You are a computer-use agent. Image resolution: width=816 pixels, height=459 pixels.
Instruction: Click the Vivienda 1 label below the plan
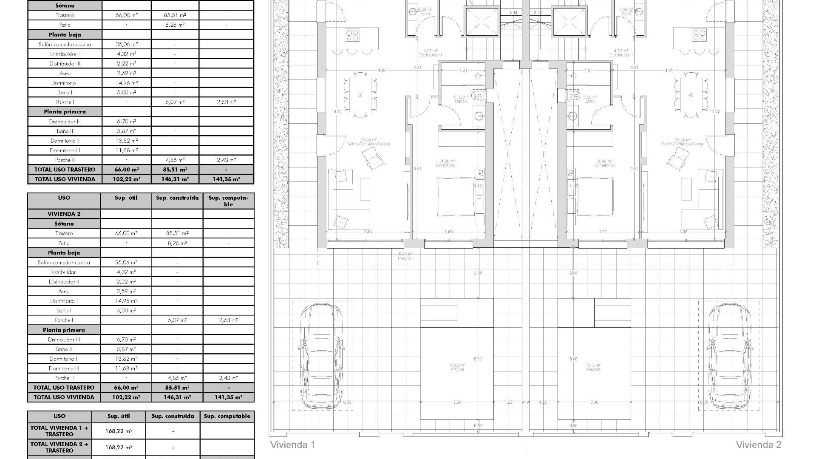click(292, 445)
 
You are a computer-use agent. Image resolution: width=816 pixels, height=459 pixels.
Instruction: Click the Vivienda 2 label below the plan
click(758, 445)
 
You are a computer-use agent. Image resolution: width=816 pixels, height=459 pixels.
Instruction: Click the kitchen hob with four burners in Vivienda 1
click(352, 35)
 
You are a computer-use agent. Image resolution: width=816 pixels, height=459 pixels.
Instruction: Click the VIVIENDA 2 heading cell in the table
click(64, 214)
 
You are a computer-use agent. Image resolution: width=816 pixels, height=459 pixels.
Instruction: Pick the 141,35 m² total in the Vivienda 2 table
click(228, 397)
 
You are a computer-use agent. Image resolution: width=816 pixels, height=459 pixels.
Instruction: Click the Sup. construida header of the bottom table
click(173, 416)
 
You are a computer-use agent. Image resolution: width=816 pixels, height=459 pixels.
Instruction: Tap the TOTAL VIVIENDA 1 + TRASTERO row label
click(59, 431)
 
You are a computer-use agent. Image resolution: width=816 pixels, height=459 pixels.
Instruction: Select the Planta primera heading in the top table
click(65, 112)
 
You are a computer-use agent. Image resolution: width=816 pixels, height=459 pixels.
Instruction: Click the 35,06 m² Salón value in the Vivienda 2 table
click(126, 262)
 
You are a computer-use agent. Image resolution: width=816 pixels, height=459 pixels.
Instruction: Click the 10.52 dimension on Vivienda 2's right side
click(715, 112)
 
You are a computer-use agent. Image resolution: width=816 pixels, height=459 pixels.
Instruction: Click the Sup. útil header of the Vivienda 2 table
click(126, 198)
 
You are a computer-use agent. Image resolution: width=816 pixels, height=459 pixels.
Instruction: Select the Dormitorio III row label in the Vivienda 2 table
click(64, 368)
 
